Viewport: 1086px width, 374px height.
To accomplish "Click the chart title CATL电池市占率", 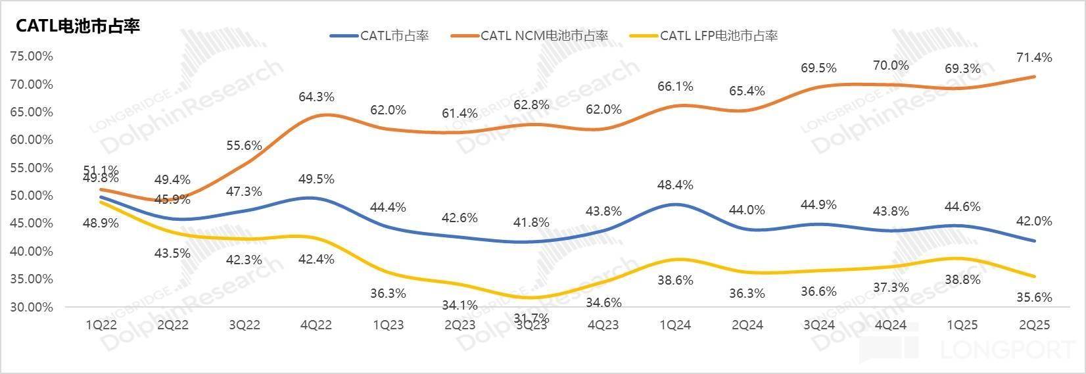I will click(x=78, y=26).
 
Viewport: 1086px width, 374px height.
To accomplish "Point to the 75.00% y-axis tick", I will click(x=32, y=56).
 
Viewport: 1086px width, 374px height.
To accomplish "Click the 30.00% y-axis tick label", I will click(x=32, y=307).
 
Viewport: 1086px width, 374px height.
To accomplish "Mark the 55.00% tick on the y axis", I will click(x=32, y=168).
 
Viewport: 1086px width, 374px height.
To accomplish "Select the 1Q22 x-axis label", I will click(x=102, y=325).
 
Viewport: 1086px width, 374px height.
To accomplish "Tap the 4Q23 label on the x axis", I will click(x=603, y=325).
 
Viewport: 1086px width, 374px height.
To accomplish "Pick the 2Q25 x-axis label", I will click(x=1033, y=325).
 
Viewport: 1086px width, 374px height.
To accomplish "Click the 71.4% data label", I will click(x=1035, y=58).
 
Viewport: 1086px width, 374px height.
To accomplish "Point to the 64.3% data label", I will click(x=318, y=97).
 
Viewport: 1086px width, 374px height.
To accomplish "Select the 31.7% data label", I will click(x=531, y=319).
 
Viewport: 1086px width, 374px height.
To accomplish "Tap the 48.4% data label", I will click(x=676, y=185).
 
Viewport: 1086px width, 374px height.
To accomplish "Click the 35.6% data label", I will click(x=1035, y=297).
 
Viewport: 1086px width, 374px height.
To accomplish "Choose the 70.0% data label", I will click(x=891, y=66).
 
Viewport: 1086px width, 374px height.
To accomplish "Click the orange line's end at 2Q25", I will click(x=1034, y=76).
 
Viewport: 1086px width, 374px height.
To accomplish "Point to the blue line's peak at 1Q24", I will click(x=676, y=204).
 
